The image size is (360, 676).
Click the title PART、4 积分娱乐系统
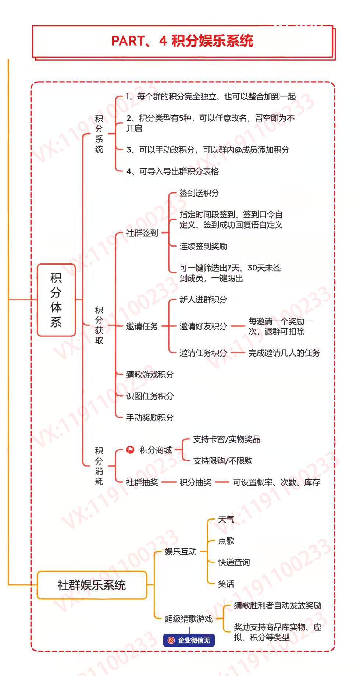point(182,41)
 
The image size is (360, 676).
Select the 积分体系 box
point(56,300)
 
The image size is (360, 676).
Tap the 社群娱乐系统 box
point(92,585)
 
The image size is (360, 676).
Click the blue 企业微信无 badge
point(189,640)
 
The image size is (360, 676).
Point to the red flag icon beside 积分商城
point(130,450)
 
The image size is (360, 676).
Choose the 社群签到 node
point(142,233)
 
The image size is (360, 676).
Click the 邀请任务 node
point(142,326)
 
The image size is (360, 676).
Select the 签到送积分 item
point(199,193)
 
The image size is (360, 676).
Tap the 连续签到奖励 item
point(203,246)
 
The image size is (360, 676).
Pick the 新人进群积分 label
point(203,300)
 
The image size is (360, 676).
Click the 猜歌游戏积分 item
point(150,374)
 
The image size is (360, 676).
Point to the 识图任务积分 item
point(150,396)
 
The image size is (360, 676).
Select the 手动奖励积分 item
point(150,417)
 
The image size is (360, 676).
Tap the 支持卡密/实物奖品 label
point(227,439)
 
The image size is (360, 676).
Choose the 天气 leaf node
point(226,519)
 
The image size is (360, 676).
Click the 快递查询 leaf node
point(234,562)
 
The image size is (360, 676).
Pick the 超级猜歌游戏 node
point(189,619)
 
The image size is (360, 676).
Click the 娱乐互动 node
point(181,551)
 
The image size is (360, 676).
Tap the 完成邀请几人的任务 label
point(284,353)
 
